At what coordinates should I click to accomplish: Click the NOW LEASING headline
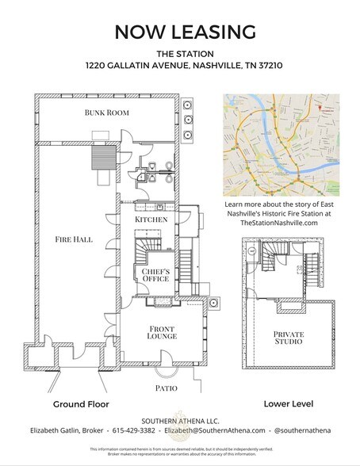180,32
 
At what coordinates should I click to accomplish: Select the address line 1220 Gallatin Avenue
180,68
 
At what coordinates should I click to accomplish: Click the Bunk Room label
106,113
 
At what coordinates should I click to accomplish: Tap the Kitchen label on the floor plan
150,219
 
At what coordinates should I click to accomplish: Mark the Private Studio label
289,338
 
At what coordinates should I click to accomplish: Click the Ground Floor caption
80,404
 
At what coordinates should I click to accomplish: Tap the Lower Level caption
289,404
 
